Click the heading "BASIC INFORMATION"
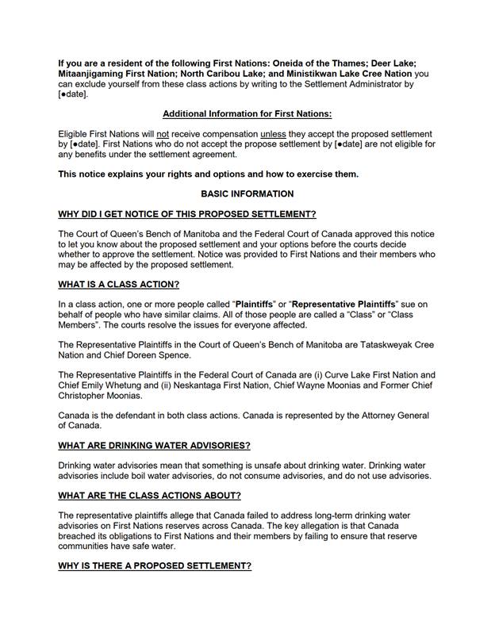click(x=247, y=194)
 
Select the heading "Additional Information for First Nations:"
click(x=247, y=113)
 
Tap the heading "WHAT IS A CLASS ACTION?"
click(x=119, y=284)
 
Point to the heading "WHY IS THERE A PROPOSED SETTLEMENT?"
click(x=155, y=566)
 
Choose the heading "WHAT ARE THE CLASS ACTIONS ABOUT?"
click(x=150, y=496)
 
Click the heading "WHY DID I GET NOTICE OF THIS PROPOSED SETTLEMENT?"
click(x=187, y=214)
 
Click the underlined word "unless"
click(x=273, y=134)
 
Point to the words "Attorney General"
click(x=393, y=416)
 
